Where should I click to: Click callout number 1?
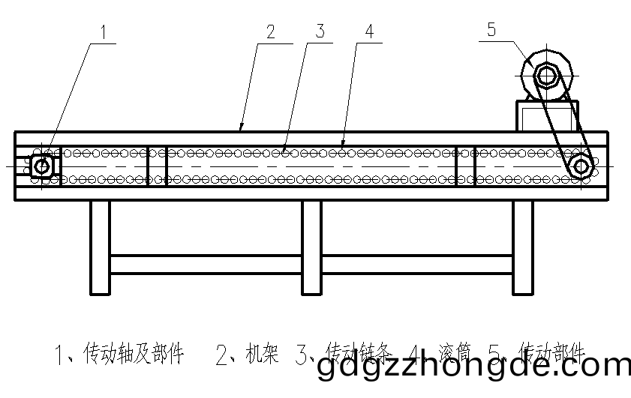105,32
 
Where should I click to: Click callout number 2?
271,32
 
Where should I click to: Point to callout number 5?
491,30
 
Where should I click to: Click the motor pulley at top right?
547,75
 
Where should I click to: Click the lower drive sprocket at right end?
581,166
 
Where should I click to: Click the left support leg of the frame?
100,247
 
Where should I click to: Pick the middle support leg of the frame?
312,247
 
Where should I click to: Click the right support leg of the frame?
524,247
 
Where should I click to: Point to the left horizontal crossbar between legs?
206,264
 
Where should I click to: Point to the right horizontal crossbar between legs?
418,264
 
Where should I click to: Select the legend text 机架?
260,352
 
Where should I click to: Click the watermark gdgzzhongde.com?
473,368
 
